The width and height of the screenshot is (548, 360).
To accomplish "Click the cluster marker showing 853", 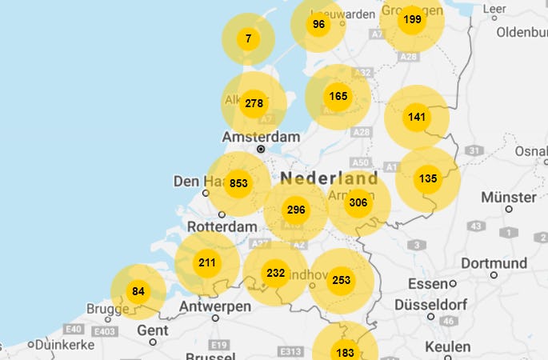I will click(x=238, y=183).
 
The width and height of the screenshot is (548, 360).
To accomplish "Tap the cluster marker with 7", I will click(x=249, y=38).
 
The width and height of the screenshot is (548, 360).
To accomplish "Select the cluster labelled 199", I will click(x=412, y=19).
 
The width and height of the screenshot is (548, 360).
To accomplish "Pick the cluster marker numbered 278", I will click(x=254, y=103).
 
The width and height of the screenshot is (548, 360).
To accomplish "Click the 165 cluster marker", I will click(x=338, y=97).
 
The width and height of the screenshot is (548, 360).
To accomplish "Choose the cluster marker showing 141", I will click(x=417, y=118).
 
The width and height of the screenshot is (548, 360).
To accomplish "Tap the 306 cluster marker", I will click(x=358, y=203).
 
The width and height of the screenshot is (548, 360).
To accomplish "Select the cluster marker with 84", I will click(x=138, y=291).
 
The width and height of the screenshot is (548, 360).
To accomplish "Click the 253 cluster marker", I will click(x=342, y=281).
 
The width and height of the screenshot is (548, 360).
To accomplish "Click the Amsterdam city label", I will click(x=260, y=138).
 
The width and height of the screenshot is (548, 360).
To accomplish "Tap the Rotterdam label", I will click(x=222, y=227).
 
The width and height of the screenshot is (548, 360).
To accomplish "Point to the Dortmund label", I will click(x=494, y=263).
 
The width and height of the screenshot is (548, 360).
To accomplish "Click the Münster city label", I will click(x=508, y=198).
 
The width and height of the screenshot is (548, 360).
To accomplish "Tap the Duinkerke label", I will click(x=65, y=345).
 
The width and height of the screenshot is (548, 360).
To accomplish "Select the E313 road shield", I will click(x=289, y=351).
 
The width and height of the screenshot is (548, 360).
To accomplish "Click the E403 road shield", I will click(x=106, y=331).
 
